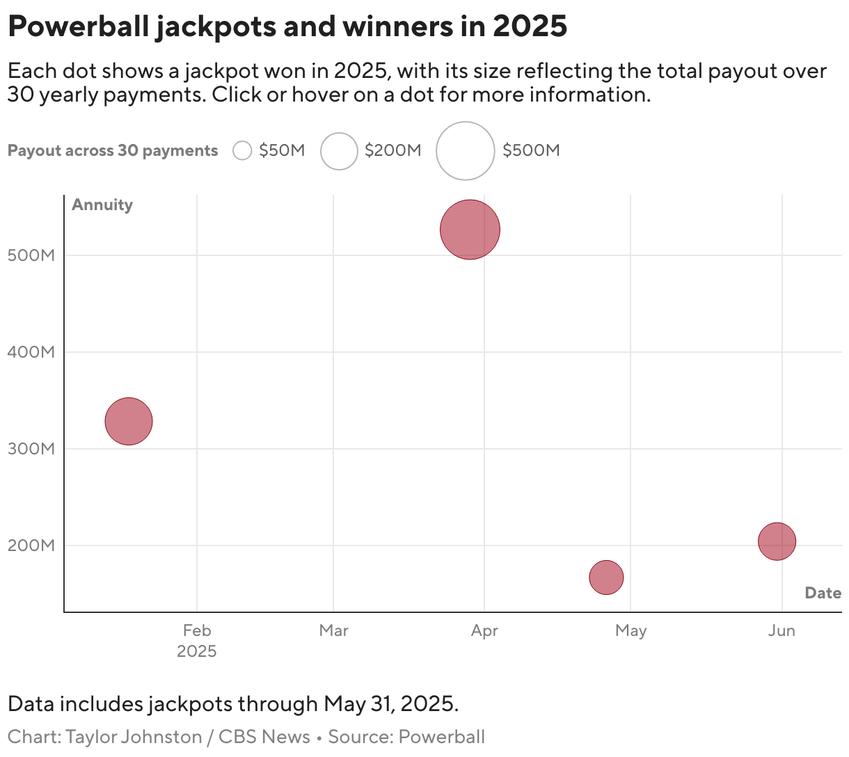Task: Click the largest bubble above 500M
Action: (x=470, y=230)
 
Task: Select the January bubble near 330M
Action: (x=129, y=421)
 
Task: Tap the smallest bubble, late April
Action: (x=606, y=577)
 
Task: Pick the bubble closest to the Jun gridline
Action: (x=777, y=541)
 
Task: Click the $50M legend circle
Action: (x=242, y=150)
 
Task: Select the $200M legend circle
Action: (x=339, y=150)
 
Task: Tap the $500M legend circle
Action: (x=465, y=150)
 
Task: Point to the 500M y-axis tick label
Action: (x=31, y=255)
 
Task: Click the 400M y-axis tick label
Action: (x=31, y=352)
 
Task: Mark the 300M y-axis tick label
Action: (x=31, y=449)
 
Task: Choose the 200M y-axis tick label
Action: (x=31, y=545)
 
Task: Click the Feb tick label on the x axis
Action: (x=197, y=630)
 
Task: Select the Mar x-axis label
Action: (x=333, y=630)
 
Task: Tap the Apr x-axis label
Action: (x=484, y=630)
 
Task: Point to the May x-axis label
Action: (x=630, y=630)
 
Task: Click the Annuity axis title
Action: (x=102, y=205)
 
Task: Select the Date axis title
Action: (x=823, y=593)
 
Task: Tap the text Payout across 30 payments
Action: (x=113, y=151)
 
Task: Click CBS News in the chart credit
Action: (x=264, y=737)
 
